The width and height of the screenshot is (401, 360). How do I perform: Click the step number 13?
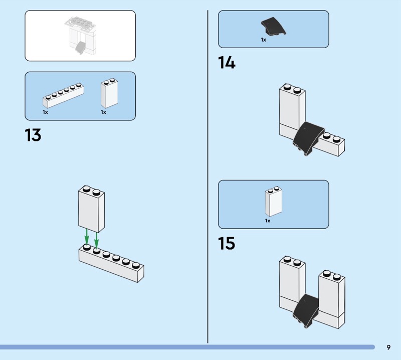33,135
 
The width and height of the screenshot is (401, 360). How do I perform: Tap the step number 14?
226,63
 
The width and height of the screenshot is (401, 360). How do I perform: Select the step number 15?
226,244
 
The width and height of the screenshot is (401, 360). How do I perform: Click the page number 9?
388,347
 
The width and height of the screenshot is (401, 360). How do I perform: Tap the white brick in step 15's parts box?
273,202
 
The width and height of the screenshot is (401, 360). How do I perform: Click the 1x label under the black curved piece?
263,40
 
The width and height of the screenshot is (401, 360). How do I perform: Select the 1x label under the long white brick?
45,112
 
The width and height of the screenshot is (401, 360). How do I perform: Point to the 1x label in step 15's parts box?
268,221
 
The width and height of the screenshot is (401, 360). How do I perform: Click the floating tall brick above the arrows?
91,209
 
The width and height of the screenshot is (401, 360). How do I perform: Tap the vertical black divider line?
208,175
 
